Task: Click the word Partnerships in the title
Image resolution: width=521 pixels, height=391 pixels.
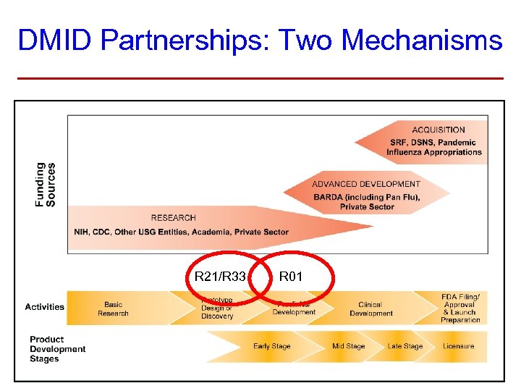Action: pos(184,41)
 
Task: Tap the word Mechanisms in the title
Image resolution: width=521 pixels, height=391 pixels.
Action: pos(421,41)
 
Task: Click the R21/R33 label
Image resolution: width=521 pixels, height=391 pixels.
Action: pos(220,277)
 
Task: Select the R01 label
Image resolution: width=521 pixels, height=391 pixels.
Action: pos(291,277)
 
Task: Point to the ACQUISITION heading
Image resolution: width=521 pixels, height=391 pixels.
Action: pos(439,130)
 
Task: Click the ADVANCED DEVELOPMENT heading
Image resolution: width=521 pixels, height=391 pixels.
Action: pos(366,184)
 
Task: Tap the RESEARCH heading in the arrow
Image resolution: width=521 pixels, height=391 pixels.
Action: pos(173,218)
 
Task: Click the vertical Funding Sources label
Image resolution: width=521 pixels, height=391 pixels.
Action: pos(45,184)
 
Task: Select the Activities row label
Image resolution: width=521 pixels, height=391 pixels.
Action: pos(45,307)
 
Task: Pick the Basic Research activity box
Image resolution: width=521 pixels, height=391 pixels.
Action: pos(113,309)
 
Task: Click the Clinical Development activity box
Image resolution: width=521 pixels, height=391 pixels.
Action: pos(370,309)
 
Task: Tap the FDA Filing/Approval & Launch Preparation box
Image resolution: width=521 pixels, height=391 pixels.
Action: pos(460,308)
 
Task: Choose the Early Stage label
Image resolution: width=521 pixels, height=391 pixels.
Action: pos(271,346)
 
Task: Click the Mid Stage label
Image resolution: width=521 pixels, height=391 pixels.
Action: pos(349,346)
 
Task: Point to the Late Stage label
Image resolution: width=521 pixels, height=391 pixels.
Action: pos(404,346)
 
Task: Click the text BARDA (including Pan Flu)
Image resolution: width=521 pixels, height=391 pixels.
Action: pos(366,197)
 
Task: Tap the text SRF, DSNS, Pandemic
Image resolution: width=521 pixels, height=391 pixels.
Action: pos(433,143)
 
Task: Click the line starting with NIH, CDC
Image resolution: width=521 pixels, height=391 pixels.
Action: pos(181,232)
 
